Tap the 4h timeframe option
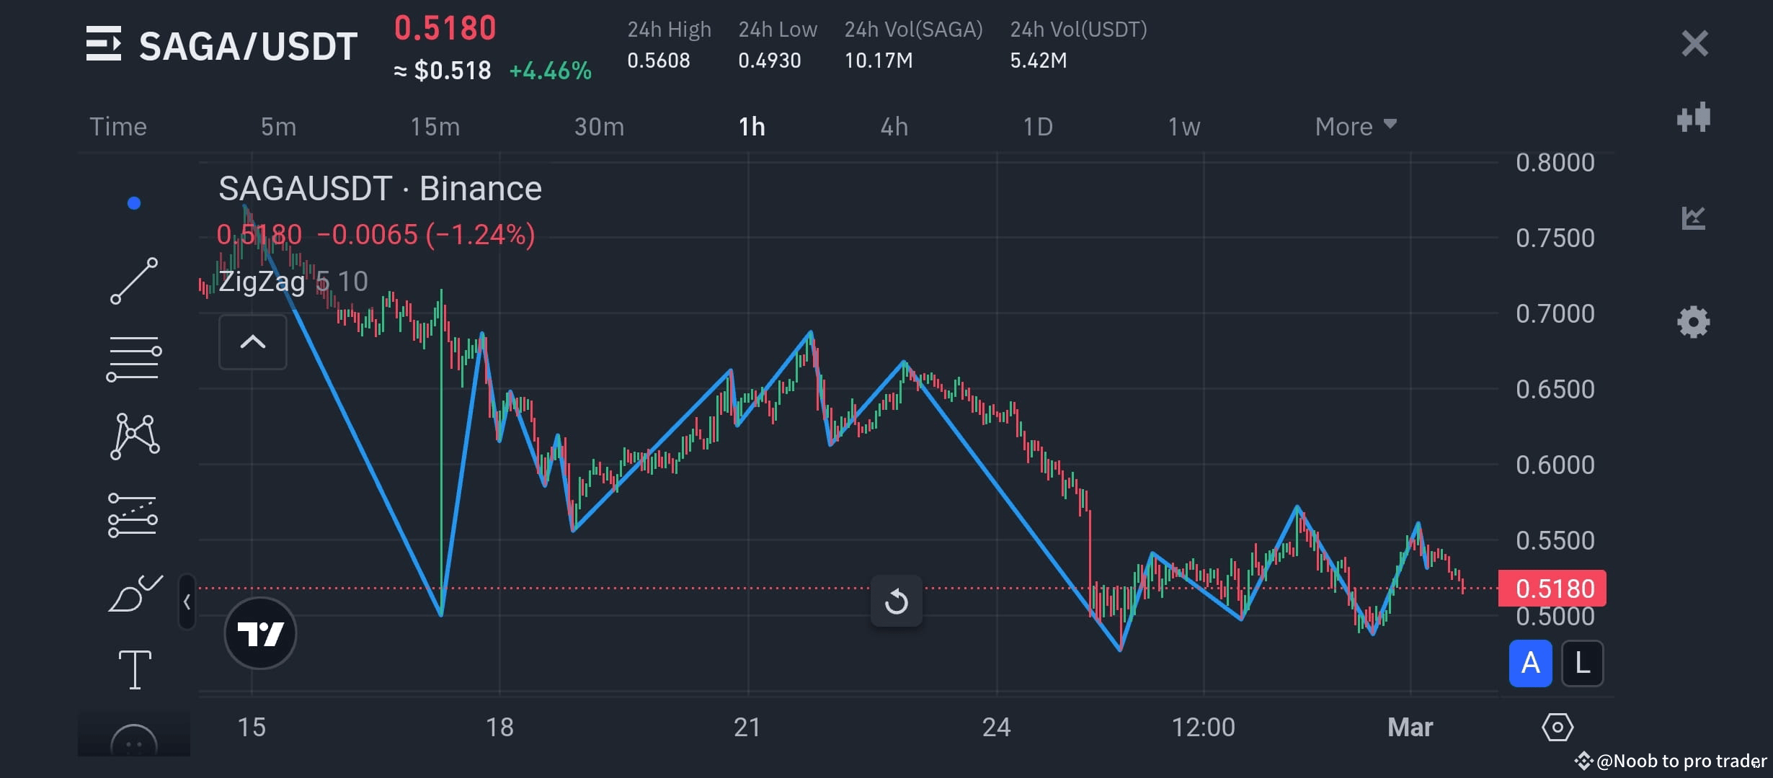pyautogui.click(x=894, y=127)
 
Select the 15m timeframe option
pyautogui.click(x=435, y=127)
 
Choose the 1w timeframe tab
pyautogui.click(x=1183, y=127)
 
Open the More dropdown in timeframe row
pyautogui.click(x=1355, y=127)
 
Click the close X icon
pyautogui.click(x=1694, y=44)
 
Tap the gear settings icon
pyautogui.click(x=1693, y=322)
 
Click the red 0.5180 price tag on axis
pyautogui.click(x=1552, y=589)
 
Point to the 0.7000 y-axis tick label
pyautogui.click(x=1555, y=313)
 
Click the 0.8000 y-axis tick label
pyautogui.click(x=1555, y=162)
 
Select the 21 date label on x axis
pyautogui.click(x=747, y=727)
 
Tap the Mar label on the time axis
pyautogui.click(x=1410, y=727)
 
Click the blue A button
pyautogui.click(x=1530, y=663)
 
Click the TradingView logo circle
pyautogui.click(x=260, y=633)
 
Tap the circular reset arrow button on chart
pyautogui.click(x=896, y=601)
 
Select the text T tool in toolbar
pyautogui.click(x=135, y=669)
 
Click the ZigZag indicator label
pyautogui.click(x=262, y=281)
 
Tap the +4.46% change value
pyautogui.click(x=550, y=71)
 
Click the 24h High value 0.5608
pyautogui.click(x=658, y=61)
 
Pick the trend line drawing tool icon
pyautogui.click(x=134, y=281)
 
